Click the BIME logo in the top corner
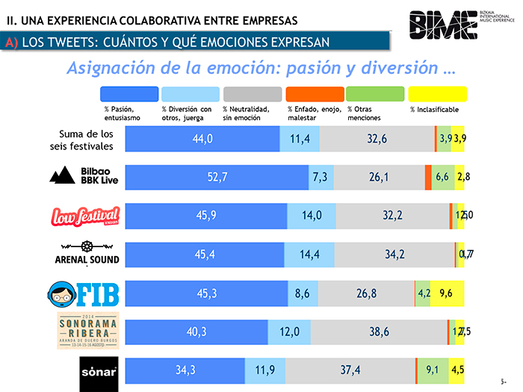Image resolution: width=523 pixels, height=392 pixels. [x=444, y=25]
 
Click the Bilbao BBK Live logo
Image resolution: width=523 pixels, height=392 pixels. [x=82, y=176]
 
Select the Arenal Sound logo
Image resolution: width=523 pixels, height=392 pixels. [x=82, y=253]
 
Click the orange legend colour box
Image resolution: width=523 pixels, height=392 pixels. [x=315, y=94]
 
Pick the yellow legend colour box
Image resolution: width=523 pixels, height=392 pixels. [x=437, y=94]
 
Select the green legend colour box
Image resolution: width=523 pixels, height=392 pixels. [x=376, y=94]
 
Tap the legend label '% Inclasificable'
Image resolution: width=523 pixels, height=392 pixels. [x=434, y=110]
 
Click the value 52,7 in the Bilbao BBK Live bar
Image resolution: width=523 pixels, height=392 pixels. [x=217, y=177]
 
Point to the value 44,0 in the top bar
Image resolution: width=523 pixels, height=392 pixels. [x=202, y=139]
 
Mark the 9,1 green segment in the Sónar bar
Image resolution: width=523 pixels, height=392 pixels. [x=432, y=370]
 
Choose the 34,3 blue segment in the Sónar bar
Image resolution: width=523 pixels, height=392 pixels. [x=185, y=370]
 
